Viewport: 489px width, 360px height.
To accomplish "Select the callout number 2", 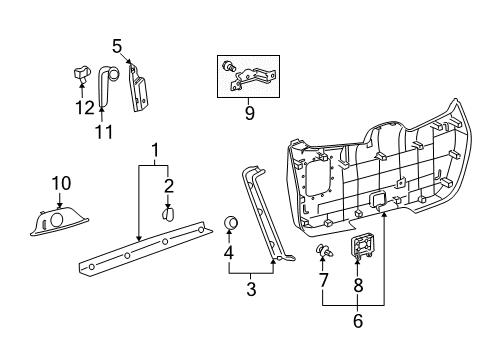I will [169, 184].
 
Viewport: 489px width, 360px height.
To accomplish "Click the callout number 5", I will [117, 46].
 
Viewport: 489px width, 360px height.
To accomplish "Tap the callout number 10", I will [61, 182].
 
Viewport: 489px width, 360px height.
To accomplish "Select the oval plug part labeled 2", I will [169, 213].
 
